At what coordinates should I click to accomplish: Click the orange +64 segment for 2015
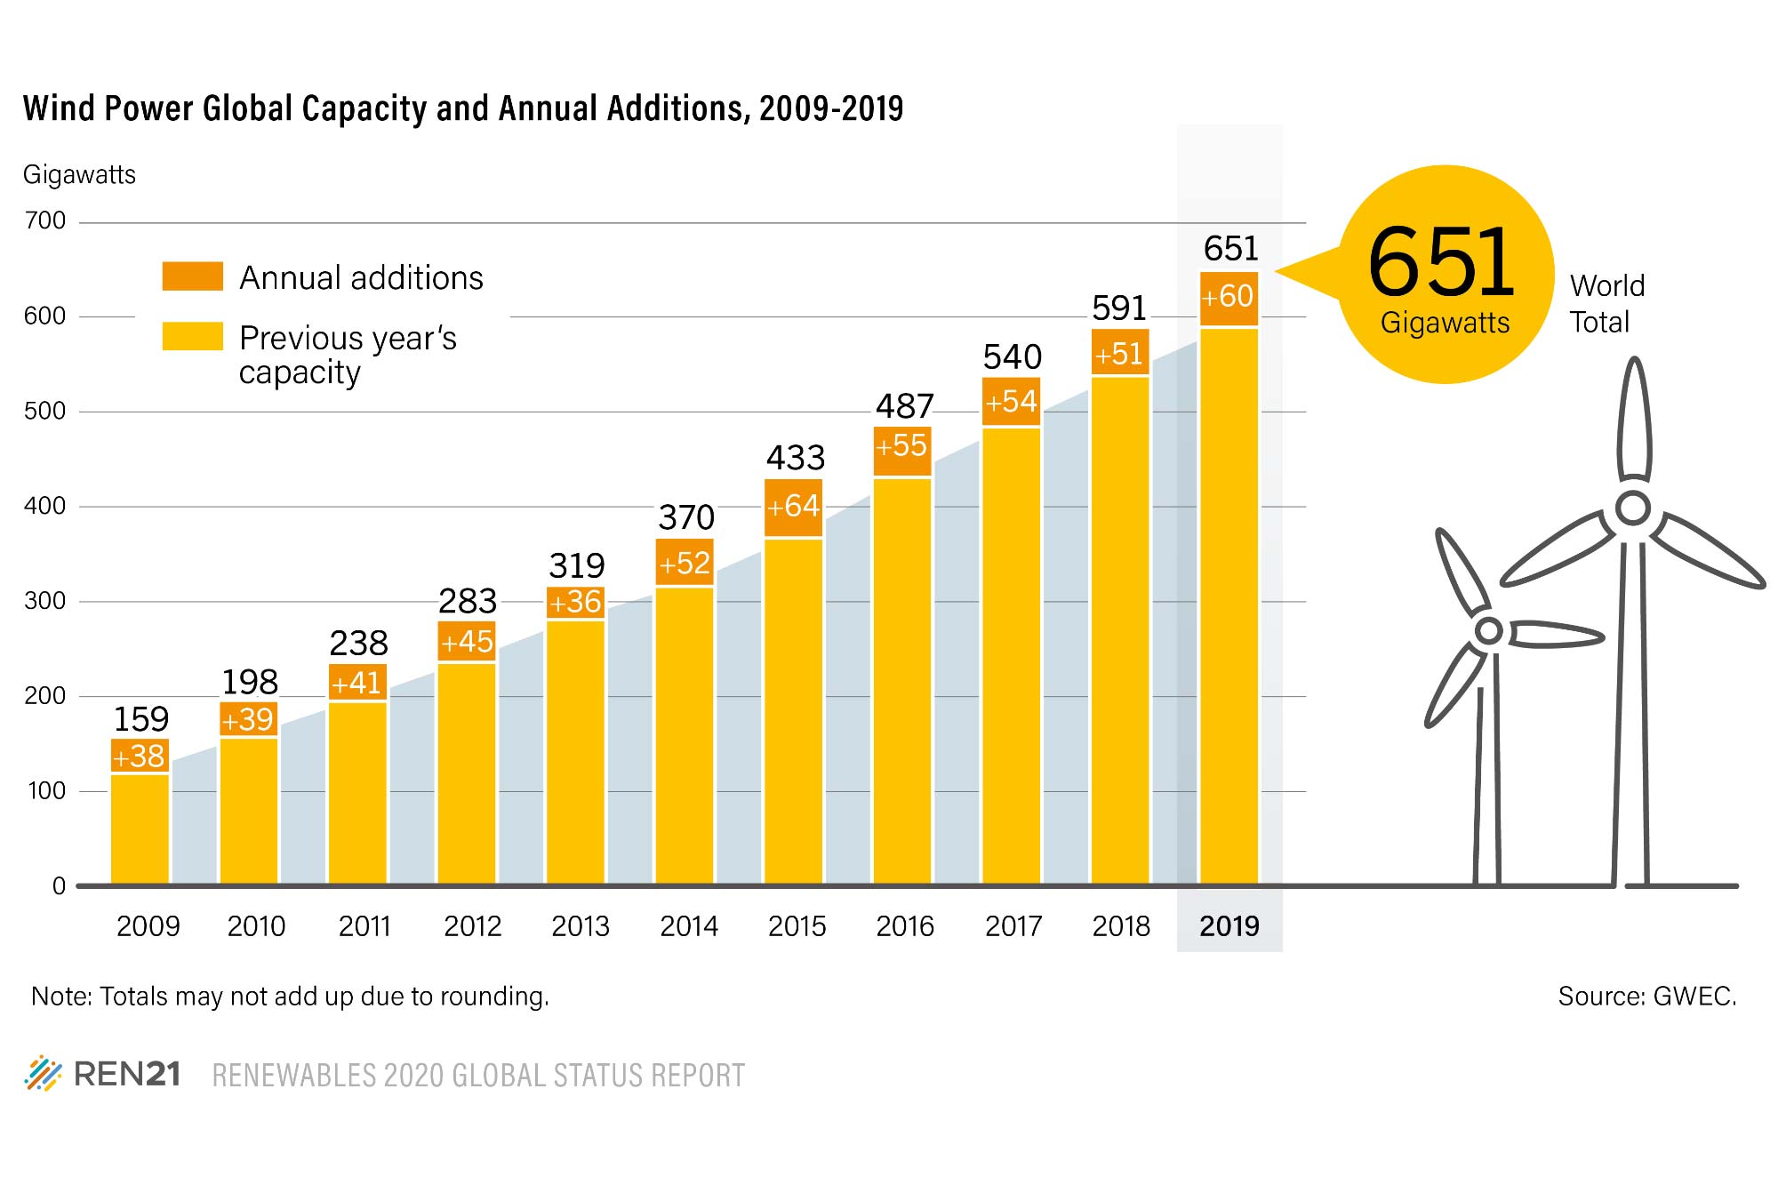(x=793, y=507)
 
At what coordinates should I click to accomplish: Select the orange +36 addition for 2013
(x=575, y=603)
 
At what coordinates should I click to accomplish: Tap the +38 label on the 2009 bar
(x=140, y=757)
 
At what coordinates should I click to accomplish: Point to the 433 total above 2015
(x=796, y=458)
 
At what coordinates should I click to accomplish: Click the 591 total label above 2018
(x=1119, y=308)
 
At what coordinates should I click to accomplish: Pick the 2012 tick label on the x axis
(x=472, y=926)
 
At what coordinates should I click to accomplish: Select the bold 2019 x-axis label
(x=1229, y=926)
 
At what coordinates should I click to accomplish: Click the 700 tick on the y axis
(x=45, y=220)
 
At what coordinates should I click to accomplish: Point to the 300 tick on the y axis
(x=45, y=601)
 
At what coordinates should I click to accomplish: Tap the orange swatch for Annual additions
(x=192, y=276)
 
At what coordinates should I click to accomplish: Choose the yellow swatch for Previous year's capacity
(x=192, y=336)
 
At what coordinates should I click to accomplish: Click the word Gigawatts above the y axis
(x=79, y=174)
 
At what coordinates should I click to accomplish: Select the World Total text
(x=1606, y=303)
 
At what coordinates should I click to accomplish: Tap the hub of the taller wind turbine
(x=1632, y=508)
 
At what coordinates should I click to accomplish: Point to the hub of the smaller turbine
(x=1488, y=631)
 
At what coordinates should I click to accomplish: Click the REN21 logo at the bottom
(x=103, y=1074)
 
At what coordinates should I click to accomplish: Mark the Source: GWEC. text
(x=1646, y=996)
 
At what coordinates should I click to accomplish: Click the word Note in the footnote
(x=60, y=996)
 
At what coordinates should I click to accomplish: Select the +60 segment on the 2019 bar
(x=1229, y=297)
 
